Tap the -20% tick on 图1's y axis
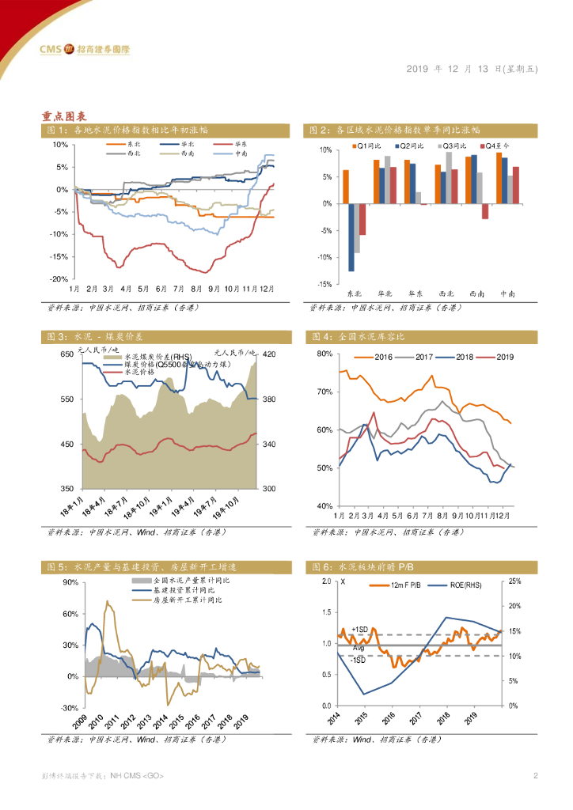tap(60, 279)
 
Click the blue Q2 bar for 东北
tap(351, 237)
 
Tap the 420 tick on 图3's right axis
tap(269, 354)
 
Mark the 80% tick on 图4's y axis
tap(324, 354)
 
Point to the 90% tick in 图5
tap(68, 582)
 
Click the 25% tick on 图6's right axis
tap(514, 582)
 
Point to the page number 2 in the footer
tap(536, 775)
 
